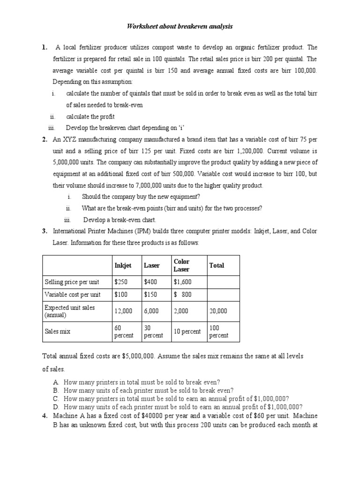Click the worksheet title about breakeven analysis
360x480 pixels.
point(180,27)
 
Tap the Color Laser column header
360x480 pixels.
point(181,265)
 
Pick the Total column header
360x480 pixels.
point(217,265)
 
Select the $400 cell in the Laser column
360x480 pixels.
point(150,282)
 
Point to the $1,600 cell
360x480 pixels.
point(182,282)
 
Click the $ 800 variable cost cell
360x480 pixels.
point(182,294)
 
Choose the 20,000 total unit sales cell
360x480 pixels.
point(218,310)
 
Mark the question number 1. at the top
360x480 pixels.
point(45,47)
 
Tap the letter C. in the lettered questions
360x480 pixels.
point(56,398)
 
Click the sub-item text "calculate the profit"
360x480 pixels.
point(90,116)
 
